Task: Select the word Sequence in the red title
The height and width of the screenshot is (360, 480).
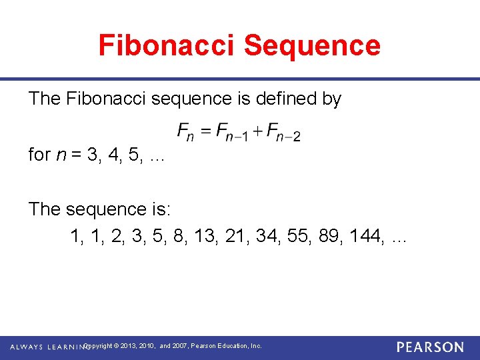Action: point(312,45)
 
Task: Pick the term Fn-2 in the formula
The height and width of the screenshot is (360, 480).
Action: point(283,132)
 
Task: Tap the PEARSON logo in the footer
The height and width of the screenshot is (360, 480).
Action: point(430,347)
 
